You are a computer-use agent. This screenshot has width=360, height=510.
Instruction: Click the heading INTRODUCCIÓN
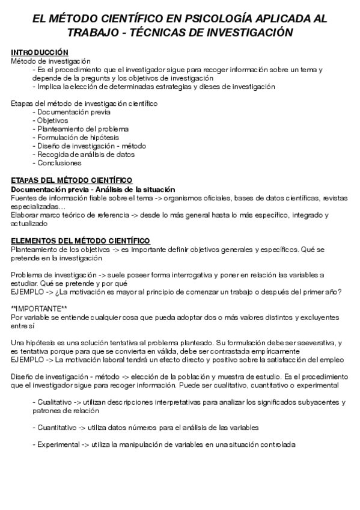(40, 52)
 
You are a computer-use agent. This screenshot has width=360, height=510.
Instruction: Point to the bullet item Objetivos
(54, 120)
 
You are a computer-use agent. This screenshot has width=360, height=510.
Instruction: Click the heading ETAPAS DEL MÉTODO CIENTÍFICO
(72, 180)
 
